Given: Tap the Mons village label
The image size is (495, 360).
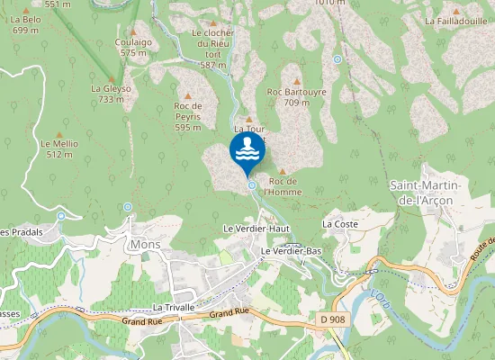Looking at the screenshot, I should coord(144,244).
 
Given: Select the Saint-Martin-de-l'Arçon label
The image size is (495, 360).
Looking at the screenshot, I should coord(426,192).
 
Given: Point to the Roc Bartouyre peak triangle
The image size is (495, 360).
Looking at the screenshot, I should coord(296,81).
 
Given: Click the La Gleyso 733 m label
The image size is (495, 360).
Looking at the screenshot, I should coord(111,94).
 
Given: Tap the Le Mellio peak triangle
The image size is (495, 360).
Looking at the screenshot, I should coord(59,133).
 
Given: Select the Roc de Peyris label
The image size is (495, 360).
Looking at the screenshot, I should coord(187,116).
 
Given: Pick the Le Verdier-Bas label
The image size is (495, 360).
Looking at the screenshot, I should coord(291,250).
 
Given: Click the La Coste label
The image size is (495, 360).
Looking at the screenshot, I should coord(340,223).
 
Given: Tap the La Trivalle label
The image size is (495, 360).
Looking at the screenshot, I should coord(174,307).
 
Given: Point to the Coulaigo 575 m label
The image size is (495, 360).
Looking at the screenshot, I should coord(132,47).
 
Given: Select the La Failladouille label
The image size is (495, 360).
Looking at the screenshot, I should coord(455,21).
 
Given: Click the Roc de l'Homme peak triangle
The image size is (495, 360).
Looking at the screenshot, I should coord(283,171).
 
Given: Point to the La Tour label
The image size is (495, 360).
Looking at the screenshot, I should coord(249,129).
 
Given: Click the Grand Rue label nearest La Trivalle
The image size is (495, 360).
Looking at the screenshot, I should coord(229,313).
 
